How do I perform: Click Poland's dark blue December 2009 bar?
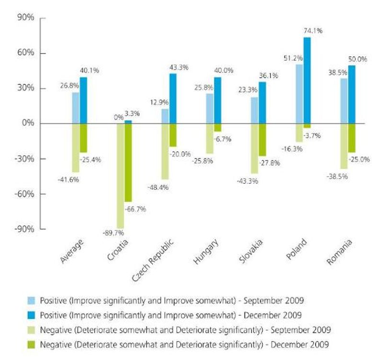click(x=307, y=80)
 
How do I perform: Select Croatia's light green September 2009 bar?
click(x=121, y=176)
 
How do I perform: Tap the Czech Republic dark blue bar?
click(x=173, y=99)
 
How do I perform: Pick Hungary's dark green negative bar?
click(x=217, y=128)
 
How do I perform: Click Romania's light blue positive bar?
click(x=344, y=101)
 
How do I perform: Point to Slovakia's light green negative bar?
click(x=254, y=148)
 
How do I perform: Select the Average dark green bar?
click(x=83, y=138)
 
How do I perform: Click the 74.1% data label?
click(x=313, y=31)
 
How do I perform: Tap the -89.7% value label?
click(x=113, y=233)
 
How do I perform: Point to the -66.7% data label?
click(x=136, y=209)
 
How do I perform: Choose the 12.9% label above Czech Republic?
click(x=159, y=102)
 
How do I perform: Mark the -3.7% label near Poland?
click(x=312, y=135)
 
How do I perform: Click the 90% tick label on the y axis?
click(x=26, y=18)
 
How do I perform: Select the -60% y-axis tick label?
click(x=24, y=193)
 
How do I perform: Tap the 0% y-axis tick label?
click(x=28, y=123)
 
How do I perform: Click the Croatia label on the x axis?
click(x=118, y=250)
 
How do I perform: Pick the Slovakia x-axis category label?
click(x=251, y=251)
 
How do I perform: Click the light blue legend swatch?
click(x=31, y=301)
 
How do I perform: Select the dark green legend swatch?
click(x=31, y=344)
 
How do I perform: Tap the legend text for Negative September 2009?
click(x=185, y=330)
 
